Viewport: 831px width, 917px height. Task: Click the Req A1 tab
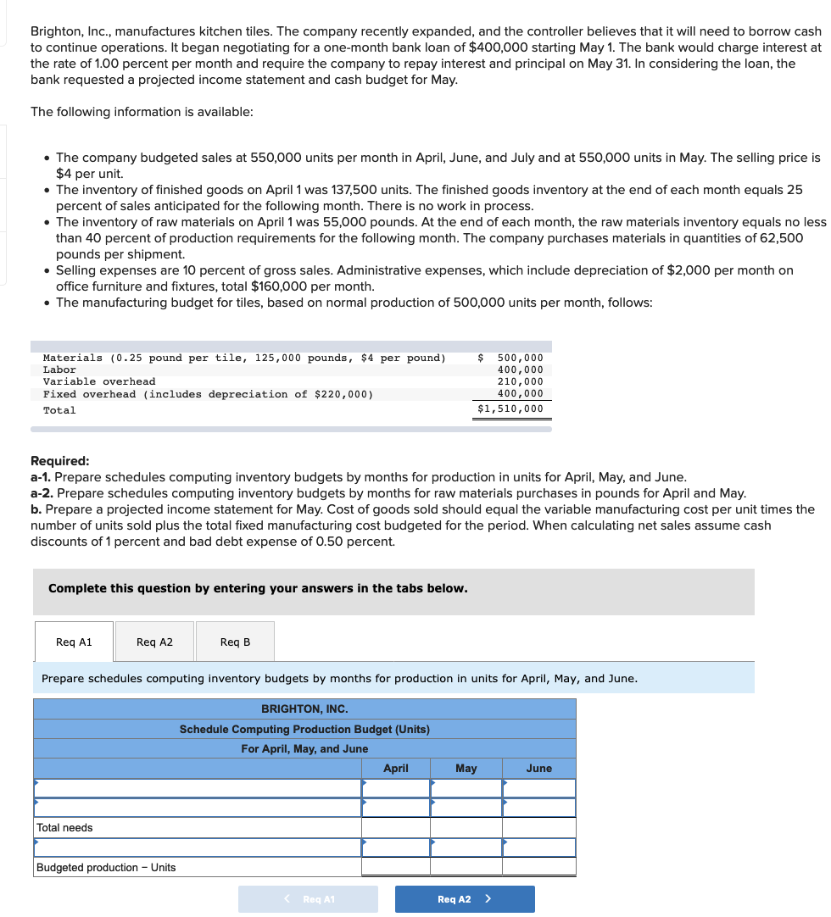74,642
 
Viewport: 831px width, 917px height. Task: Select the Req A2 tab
154,642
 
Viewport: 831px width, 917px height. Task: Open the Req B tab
235,642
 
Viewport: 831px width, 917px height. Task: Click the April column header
396,769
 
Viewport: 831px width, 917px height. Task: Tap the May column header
466,769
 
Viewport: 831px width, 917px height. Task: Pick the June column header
539,769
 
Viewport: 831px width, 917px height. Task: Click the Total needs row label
65,828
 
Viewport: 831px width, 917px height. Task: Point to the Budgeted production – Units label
106,868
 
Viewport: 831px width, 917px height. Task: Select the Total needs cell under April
396,828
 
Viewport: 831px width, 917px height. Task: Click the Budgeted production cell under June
539,867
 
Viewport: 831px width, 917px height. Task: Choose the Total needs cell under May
466,828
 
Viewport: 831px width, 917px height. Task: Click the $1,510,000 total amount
510,409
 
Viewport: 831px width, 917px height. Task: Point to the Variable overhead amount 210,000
520,381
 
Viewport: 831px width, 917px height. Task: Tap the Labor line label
59,370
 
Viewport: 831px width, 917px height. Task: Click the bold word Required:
60,461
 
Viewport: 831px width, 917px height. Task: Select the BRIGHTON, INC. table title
304,709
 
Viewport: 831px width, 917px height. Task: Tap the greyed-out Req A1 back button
308,899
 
